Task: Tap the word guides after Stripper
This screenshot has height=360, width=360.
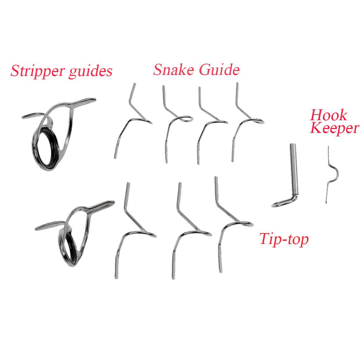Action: tap(90, 71)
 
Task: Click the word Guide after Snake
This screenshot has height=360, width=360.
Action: tap(219, 69)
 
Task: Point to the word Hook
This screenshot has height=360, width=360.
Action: tap(328, 115)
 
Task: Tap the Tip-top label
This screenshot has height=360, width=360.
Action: tap(284, 239)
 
